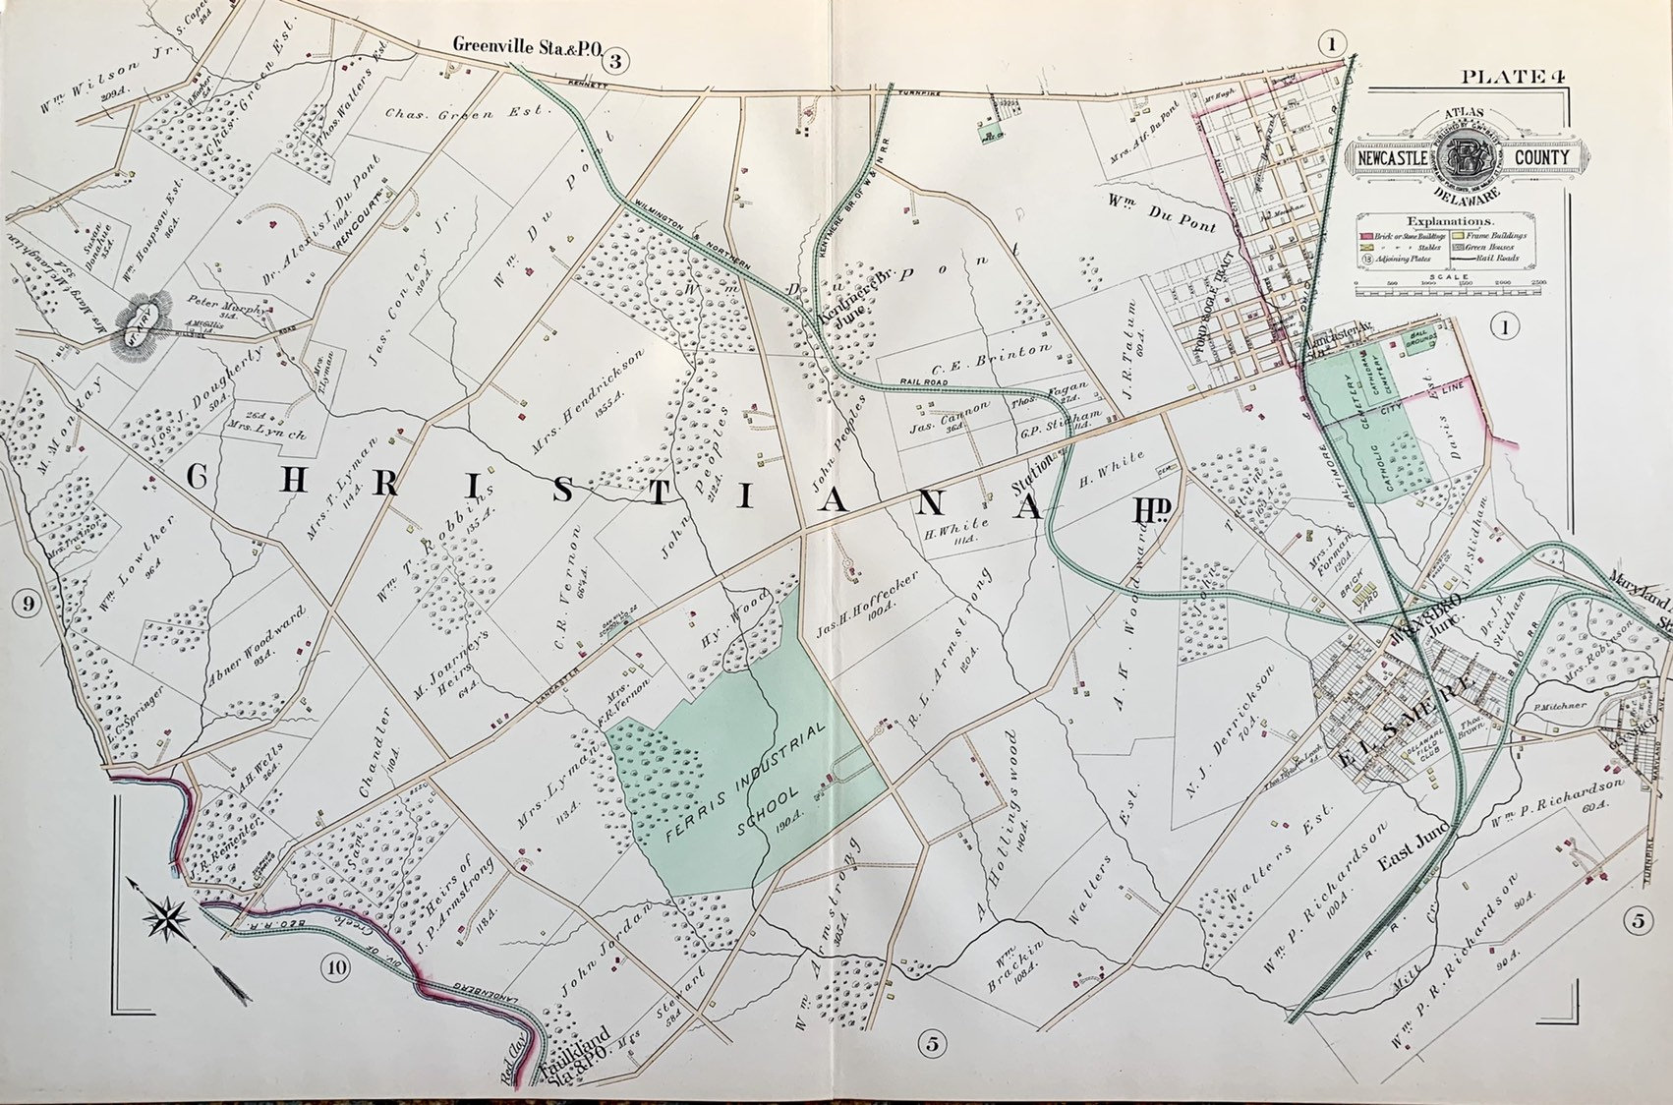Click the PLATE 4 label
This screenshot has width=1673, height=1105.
point(1508,77)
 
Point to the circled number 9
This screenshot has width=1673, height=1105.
point(27,604)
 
